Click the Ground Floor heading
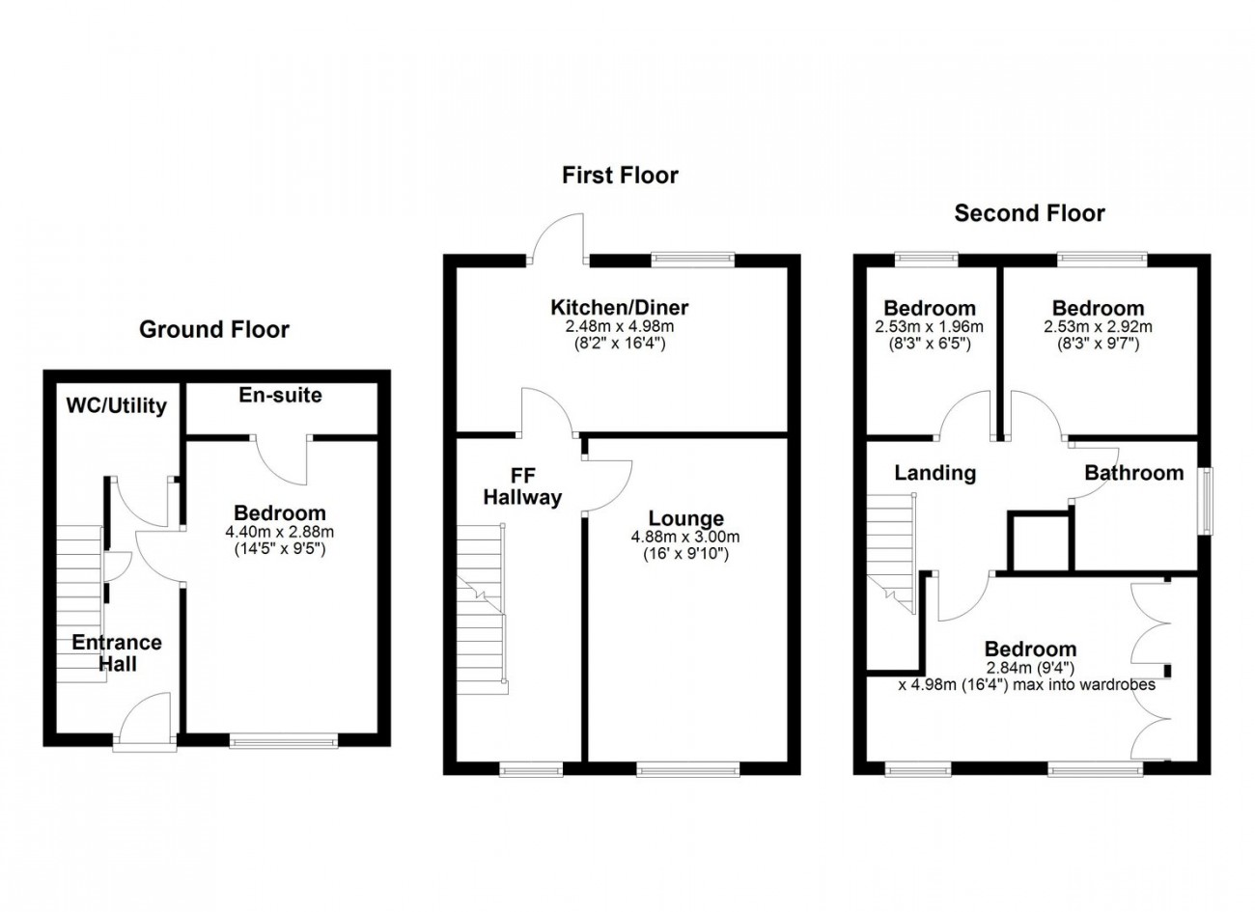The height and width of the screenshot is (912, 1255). click(214, 330)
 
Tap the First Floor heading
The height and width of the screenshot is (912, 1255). click(620, 175)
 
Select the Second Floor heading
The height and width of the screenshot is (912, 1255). click(1029, 213)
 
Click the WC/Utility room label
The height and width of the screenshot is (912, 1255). click(116, 405)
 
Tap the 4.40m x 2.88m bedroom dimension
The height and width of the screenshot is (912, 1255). click(281, 532)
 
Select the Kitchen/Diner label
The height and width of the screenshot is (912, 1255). click(619, 308)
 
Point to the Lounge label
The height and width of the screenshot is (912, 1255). click(685, 518)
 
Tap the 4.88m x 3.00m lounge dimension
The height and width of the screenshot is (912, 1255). click(685, 538)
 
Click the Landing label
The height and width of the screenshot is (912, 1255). click(934, 473)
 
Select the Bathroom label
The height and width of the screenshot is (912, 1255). click(1133, 473)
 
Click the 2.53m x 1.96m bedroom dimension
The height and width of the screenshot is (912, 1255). click(928, 327)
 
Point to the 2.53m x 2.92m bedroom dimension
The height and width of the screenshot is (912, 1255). click(1098, 327)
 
